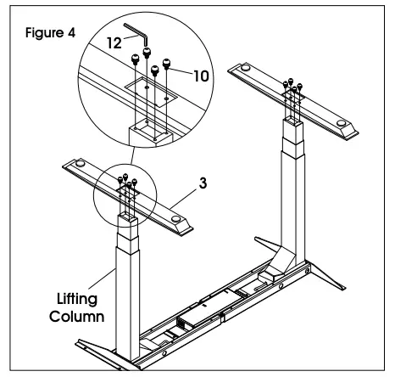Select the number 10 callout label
(197, 76)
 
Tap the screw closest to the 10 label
(166, 63)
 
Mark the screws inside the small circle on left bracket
(125, 182)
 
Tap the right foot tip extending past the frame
(360, 283)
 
